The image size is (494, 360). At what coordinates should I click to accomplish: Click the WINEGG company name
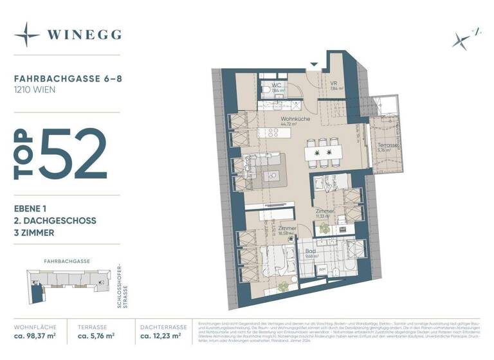[x=84, y=34]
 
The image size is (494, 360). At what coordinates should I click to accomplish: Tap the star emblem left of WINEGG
[x=27, y=34]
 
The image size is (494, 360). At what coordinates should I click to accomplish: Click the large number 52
[x=73, y=154]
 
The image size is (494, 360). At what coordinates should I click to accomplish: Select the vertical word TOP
[x=24, y=154]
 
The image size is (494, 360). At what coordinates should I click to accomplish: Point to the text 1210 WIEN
[x=34, y=90]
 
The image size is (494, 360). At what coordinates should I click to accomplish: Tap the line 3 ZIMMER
[x=34, y=233]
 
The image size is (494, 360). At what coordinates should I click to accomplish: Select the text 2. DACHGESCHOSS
[x=55, y=221]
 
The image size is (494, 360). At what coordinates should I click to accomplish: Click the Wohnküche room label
[x=295, y=120]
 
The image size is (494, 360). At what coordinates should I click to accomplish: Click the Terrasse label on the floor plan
[x=388, y=146]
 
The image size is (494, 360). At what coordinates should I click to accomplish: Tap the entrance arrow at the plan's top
[x=314, y=64]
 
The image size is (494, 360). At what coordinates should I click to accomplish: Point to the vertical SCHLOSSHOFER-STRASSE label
[x=122, y=286]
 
